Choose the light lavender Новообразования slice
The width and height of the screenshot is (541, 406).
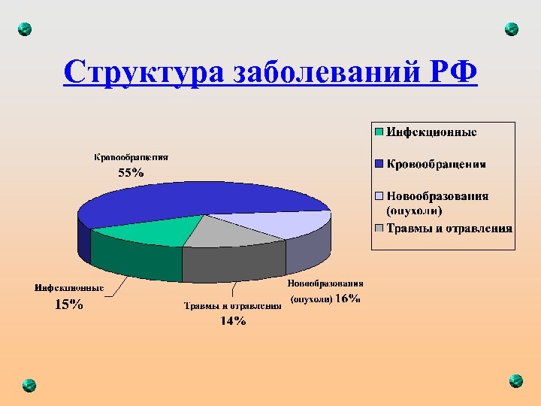[297, 223]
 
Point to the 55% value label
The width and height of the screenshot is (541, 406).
[131, 172]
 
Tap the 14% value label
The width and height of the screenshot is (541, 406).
[233, 321]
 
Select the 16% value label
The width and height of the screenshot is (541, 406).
[347, 298]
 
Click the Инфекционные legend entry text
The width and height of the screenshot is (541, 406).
[431, 132]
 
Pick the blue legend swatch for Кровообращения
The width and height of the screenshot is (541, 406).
[379, 163]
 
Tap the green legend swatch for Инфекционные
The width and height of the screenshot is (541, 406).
[379, 132]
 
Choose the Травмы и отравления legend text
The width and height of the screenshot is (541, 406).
[449, 228]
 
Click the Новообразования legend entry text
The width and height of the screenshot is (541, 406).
[437, 196]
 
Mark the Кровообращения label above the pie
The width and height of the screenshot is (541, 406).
[131, 158]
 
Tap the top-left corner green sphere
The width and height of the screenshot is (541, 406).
[25, 29]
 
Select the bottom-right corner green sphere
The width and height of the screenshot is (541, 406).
[515, 380]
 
